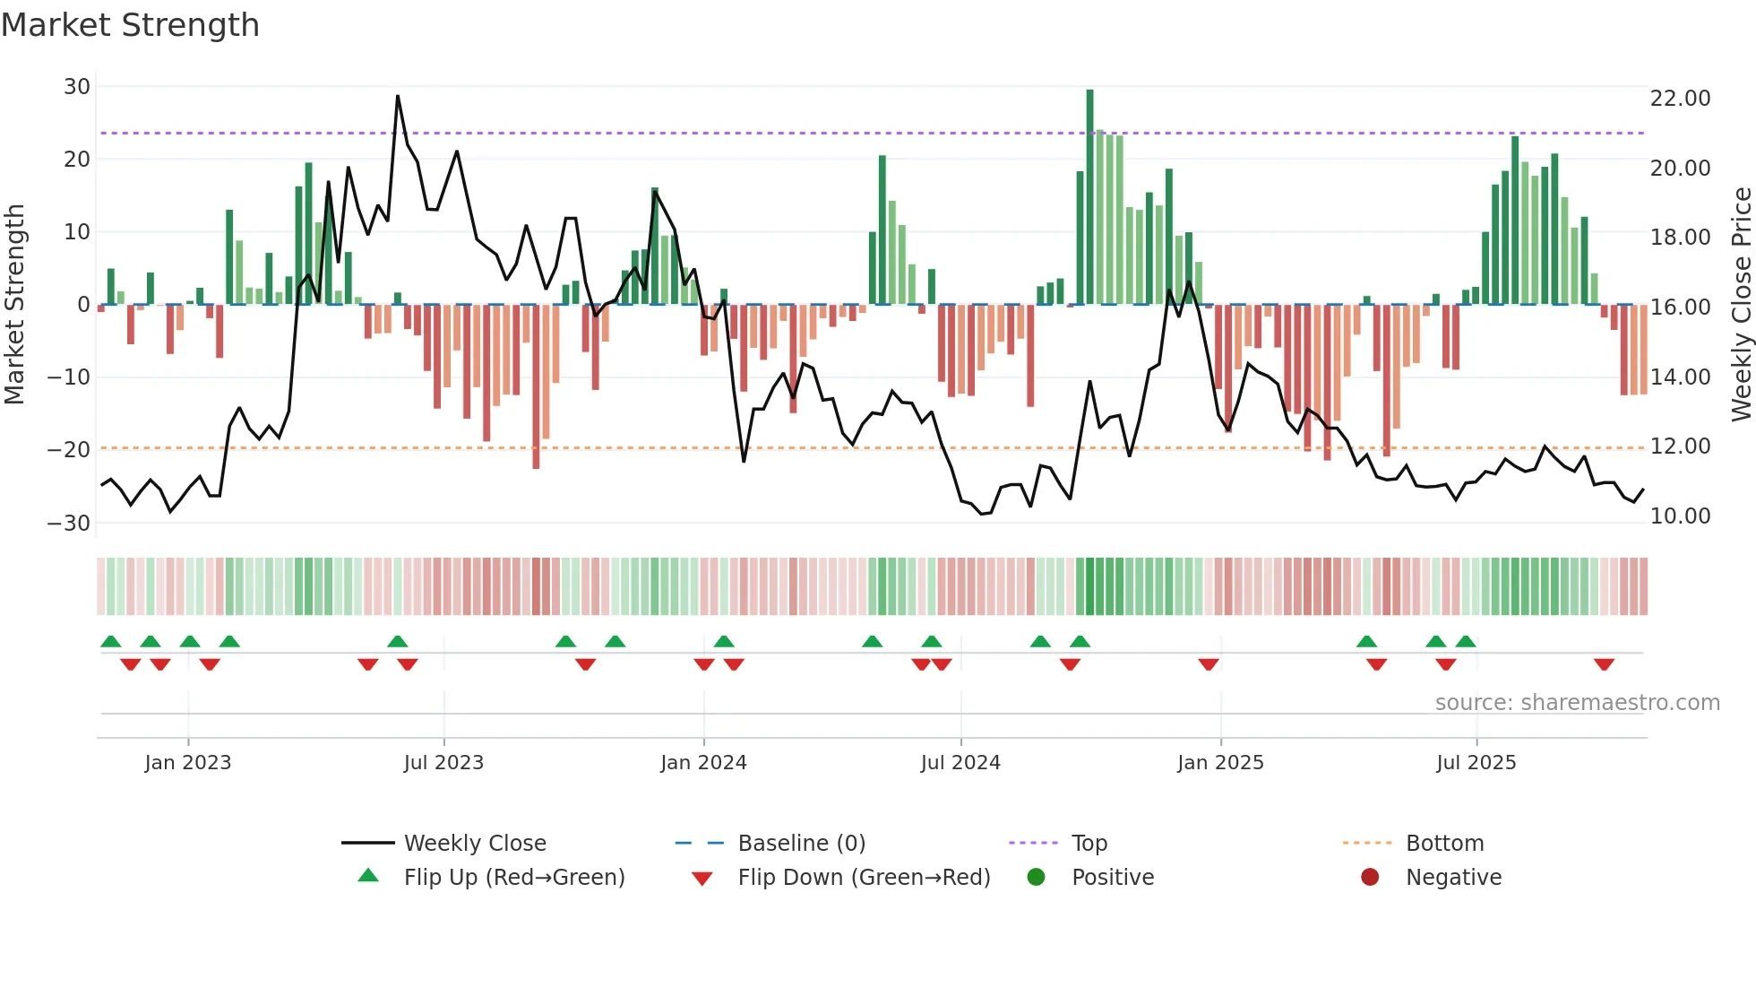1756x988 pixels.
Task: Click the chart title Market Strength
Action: tap(130, 25)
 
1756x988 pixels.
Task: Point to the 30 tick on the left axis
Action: tap(77, 87)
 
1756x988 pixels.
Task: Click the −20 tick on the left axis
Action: tap(69, 450)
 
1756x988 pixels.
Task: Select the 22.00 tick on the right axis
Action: tap(1680, 98)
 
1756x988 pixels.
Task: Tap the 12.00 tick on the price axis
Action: tap(1680, 446)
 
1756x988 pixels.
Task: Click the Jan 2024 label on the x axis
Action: tap(703, 763)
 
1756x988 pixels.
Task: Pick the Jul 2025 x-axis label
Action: tap(1476, 763)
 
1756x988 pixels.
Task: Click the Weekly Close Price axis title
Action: tap(1741, 305)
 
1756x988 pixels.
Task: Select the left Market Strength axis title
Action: tap(15, 305)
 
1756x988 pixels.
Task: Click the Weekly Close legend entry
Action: tap(474, 844)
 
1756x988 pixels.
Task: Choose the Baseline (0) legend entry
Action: tap(801, 844)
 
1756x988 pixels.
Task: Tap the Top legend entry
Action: tap(1089, 844)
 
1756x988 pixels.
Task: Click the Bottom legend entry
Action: tap(1444, 844)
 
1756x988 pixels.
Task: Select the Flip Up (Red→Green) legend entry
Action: tap(513, 878)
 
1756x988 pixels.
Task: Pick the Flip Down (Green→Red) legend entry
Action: tap(864, 878)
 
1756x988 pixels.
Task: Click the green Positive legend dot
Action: tap(1036, 878)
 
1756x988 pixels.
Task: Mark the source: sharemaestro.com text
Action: tap(1577, 703)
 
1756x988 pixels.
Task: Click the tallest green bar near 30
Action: tap(1089, 197)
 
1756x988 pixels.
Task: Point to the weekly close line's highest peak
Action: tap(398, 97)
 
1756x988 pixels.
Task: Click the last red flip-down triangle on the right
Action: tap(1604, 664)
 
